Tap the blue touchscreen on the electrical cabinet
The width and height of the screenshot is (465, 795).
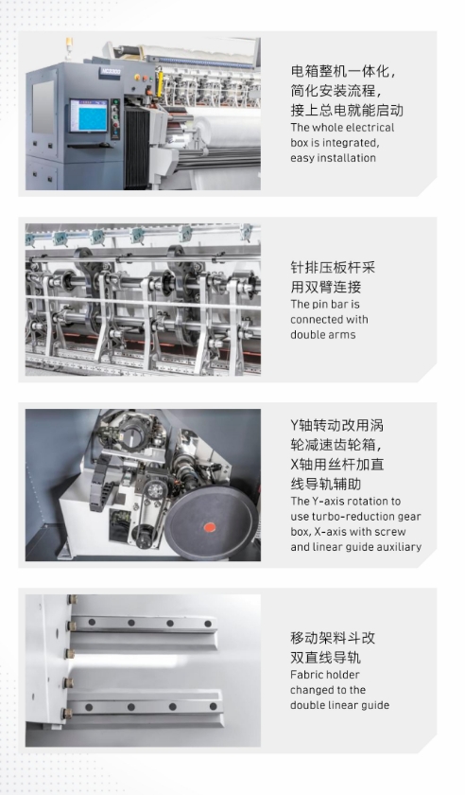[89, 115]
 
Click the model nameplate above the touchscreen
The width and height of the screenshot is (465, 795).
[111, 72]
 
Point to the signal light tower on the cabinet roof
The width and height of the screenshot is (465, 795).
[68, 48]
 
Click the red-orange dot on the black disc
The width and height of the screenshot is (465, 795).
[209, 527]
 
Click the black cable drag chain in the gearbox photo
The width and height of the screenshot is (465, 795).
[101, 482]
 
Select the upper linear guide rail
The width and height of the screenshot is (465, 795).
[144, 623]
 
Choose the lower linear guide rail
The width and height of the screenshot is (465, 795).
[146, 707]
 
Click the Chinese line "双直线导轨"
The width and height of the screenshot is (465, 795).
[325, 658]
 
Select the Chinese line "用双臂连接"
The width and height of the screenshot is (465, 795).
[325, 287]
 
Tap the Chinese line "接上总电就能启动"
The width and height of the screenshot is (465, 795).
[347, 110]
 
